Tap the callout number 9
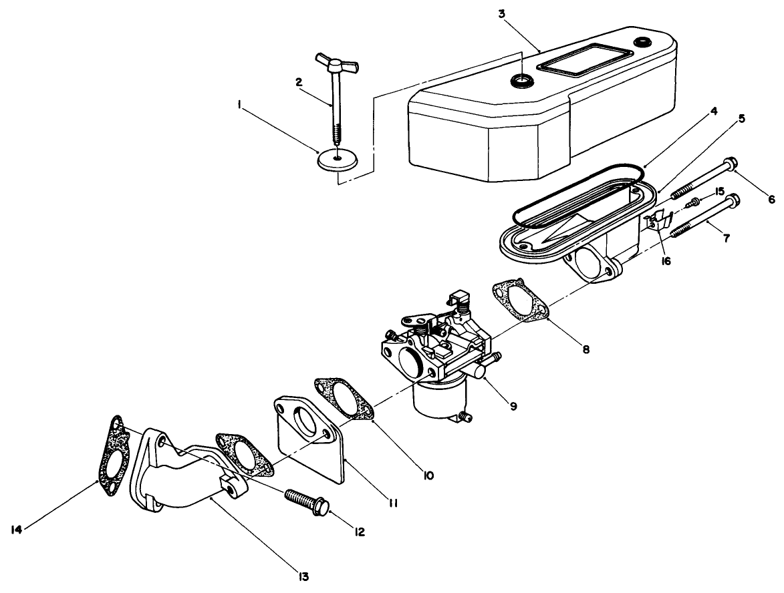pos(513,405)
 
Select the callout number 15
pos(719,192)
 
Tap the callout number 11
pos(394,503)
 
